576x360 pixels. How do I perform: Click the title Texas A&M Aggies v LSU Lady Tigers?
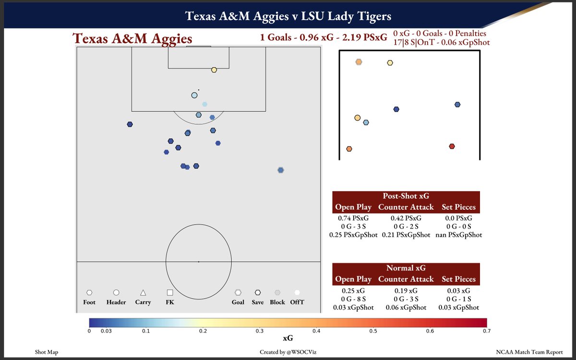point(288,16)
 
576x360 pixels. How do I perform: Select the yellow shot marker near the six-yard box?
point(214,70)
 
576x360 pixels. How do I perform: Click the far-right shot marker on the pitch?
point(281,170)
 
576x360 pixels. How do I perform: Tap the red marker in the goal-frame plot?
point(452,146)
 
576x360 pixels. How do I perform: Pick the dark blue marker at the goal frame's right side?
point(457,105)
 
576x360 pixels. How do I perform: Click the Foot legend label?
point(89,302)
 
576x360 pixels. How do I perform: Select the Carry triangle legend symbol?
point(143,292)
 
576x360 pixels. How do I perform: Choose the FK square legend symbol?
point(170,292)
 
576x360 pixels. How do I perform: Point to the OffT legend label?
point(297,302)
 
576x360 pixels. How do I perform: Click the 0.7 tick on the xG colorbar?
point(487,331)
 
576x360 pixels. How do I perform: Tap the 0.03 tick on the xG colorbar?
point(107,331)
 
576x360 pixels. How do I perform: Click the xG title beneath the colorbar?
point(288,338)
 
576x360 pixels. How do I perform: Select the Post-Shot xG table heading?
point(406,196)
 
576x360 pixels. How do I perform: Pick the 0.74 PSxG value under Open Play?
point(353,218)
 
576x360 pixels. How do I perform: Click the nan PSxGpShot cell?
point(458,235)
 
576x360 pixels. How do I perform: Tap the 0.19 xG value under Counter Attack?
point(406,290)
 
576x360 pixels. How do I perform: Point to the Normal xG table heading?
point(406,268)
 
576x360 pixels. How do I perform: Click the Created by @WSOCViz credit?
point(288,352)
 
